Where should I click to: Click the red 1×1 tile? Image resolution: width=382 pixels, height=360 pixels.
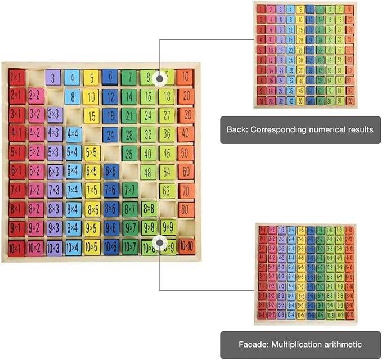pyautogui.click(x=16, y=76)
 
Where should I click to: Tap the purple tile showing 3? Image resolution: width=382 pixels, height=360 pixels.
pyautogui.click(x=53, y=78)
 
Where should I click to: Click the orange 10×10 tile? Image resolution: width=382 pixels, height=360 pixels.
pyautogui.click(x=186, y=246)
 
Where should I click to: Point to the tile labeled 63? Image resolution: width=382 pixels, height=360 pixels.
pyautogui.click(x=167, y=190)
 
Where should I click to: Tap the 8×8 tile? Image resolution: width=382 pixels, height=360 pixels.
pyautogui.click(x=149, y=209)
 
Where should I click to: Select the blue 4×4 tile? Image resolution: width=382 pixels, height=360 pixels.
pyautogui.click(x=73, y=134)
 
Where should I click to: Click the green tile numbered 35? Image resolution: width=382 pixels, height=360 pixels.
pyautogui.click(x=129, y=153)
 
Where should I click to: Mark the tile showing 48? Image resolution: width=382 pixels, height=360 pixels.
pyautogui.click(x=149, y=172)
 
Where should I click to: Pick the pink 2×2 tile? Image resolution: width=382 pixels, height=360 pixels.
pyautogui.click(x=35, y=96)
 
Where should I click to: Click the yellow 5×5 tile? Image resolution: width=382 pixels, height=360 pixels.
pyautogui.click(x=92, y=153)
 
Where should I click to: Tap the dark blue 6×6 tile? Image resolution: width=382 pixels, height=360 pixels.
pyautogui.click(x=110, y=172)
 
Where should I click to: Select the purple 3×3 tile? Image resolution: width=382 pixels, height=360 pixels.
pyautogui.click(x=54, y=115)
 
